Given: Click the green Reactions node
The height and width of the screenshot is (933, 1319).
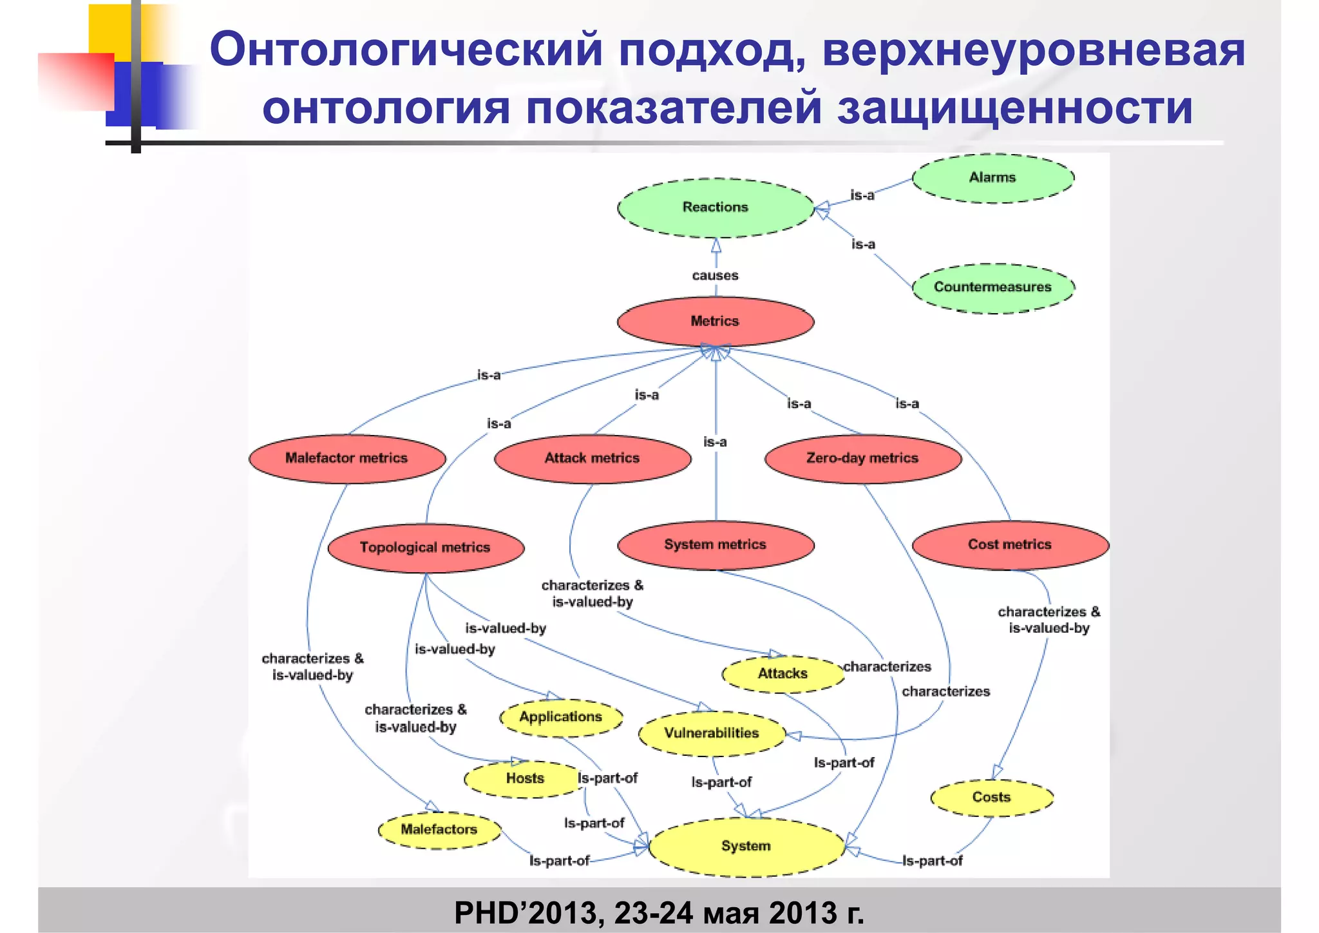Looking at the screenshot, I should point(715,207).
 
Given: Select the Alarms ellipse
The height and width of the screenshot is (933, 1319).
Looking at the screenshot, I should point(992,178).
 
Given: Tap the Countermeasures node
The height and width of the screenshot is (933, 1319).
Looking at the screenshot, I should point(992,287).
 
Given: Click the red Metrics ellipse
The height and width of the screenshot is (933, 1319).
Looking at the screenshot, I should point(715,321).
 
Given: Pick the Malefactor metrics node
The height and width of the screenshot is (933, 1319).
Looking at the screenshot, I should point(346,458).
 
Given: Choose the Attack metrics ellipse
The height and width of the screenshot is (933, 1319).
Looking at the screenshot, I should point(592,458).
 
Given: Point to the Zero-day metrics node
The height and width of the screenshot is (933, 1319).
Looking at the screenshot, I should point(862,458).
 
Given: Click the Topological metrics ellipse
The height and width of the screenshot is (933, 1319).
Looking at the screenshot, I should point(425,548).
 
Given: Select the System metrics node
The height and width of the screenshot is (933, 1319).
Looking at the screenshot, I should point(715,544).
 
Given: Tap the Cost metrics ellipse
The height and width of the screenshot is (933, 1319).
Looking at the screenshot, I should point(1010,544).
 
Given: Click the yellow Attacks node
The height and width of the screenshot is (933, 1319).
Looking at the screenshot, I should point(783,674).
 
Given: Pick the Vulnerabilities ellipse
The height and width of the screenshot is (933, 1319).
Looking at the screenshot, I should point(712,733).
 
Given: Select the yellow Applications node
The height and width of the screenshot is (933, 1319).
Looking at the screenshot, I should point(561,717).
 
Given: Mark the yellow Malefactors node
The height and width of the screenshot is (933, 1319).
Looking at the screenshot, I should point(439,829).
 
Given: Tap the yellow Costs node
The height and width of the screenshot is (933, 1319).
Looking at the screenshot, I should point(991,797).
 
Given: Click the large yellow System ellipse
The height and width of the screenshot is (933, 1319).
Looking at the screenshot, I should point(746,846).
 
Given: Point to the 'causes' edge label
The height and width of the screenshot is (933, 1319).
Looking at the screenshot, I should point(715,276).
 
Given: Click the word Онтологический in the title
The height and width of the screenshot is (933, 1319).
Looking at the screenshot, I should point(406,50).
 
